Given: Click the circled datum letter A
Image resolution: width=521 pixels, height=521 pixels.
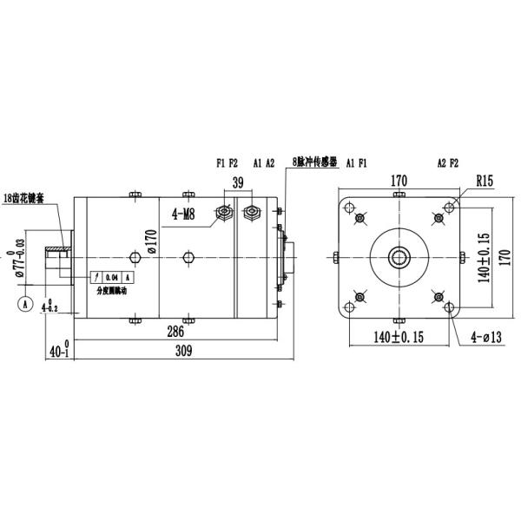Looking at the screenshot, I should point(25,304).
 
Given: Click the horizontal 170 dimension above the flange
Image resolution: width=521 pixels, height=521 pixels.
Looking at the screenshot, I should point(399,181).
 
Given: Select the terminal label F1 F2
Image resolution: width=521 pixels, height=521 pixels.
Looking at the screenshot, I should point(227,162).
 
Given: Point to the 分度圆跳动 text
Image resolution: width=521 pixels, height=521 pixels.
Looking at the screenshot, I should point(115,292).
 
